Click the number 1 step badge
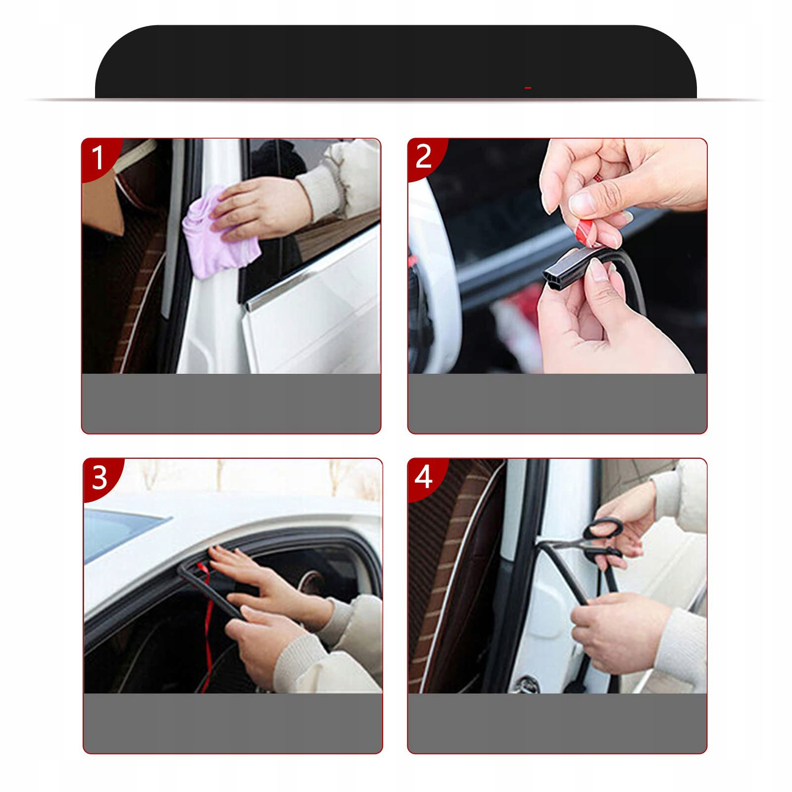pyautogui.click(x=98, y=157)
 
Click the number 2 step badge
pyautogui.click(x=423, y=157)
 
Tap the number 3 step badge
pyautogui.click(x=99, y=477)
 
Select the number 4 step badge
pyautogui.click(x=424, y=477)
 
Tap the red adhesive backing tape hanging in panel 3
pyautogui.click(x=207, y=629)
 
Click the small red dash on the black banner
pyautogui.click(x=528, y=88)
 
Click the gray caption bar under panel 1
pyautogui.click(x=231, y=403)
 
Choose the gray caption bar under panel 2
pyautogui.click(x=557, y=403)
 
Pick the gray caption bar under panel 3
pyautogui.click(x=233, y=723)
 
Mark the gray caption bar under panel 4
pyautogui.click(x=557, y=723)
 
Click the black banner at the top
pyautogui.click(x=396, y=62)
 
